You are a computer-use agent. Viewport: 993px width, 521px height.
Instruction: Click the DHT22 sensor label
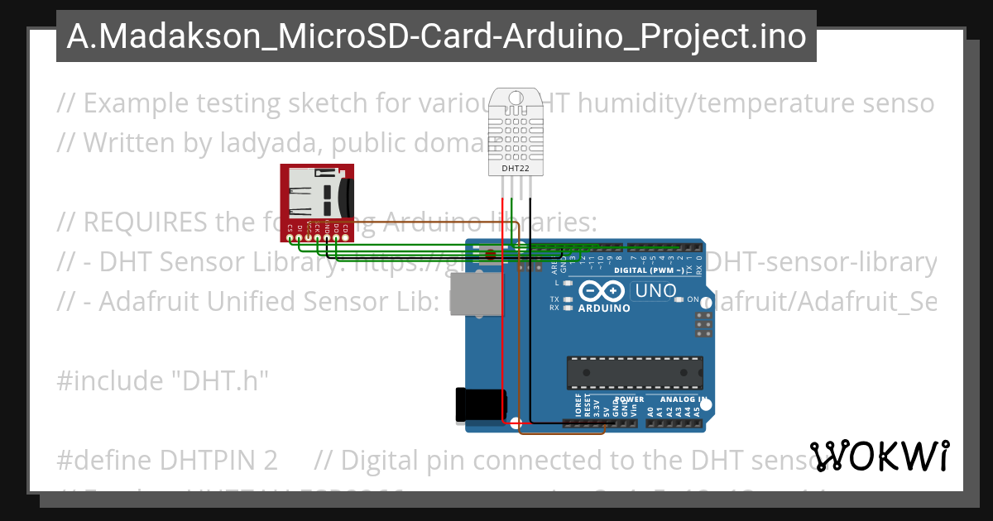[x=516, y=169]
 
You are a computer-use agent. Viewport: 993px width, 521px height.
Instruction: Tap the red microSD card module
[x=318, y=201]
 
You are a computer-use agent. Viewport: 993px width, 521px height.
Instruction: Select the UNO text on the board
[x=654, y=291]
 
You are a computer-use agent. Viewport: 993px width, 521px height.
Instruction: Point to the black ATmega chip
[x=635, y=373]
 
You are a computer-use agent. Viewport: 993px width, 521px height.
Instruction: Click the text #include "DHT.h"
[x=163, y=381]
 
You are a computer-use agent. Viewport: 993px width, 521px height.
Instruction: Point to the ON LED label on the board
[x=693, y=299]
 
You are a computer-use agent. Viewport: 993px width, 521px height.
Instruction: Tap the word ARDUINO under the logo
[x=603, y=308]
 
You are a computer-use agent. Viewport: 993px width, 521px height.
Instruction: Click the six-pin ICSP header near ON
[x=704, y=325]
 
